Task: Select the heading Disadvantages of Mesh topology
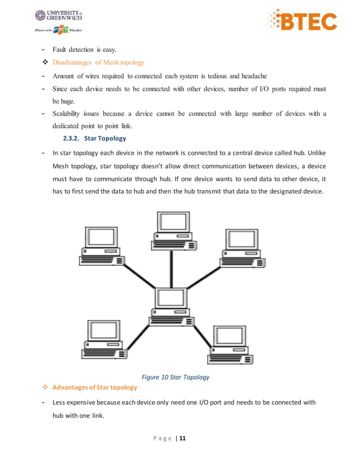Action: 99,62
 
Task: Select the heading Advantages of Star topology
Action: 94,387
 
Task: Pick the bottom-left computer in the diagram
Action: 105,339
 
